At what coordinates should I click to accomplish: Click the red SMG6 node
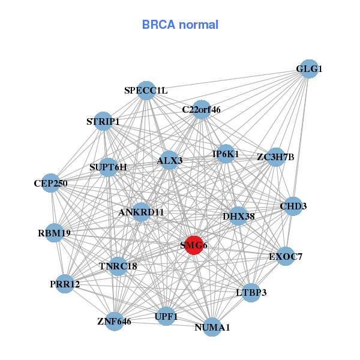click(x=193, y=245)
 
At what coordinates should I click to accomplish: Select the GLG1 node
click(x=308, y=69)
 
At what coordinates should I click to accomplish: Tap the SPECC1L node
click(x=146, y=91)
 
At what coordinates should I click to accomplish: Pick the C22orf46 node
click(x=202, y=110)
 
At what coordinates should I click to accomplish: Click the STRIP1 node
click(x=104, y=121)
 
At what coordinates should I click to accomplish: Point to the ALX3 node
click(x=169, y=160)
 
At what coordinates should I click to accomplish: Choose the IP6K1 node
click(x=226, y=154)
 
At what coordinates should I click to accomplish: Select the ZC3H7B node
click(x=275, y=158)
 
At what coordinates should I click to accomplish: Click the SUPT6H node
click(x=108, y=167)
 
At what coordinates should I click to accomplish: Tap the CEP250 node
click(x=51, y=183)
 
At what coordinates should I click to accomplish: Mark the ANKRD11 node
click(x=141, y=212)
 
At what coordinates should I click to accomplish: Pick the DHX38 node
click(x=238, y=216)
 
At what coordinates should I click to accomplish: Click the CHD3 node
click(x=293, y=206)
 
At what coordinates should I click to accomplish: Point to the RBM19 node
click(x=54, y=233)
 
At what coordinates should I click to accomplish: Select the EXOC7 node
click(x=286, y=257)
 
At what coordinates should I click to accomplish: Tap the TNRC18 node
click(x=118, y=266)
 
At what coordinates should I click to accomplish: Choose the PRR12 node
click(x=65, y=284)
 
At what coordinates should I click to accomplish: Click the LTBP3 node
click(x=251, y=293)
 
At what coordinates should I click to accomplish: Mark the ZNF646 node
click(x=114, y=322)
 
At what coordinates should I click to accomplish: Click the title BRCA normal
click(x=180, y=25)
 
